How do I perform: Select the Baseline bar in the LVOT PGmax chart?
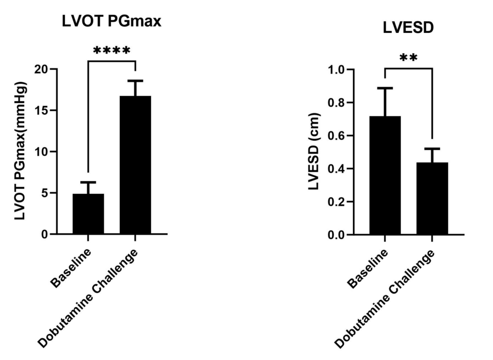point(88,214)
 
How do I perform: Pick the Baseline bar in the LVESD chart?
point(385,175)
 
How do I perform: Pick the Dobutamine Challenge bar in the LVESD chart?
point(432,199)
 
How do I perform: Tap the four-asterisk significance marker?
point(111,50)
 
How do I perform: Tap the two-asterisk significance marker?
point(408,58)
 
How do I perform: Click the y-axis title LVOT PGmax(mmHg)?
point(20,152)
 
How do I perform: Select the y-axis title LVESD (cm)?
point(314,152)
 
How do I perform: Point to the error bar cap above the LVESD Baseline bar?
point(385,88)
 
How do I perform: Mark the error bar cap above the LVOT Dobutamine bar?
point(135,80)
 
